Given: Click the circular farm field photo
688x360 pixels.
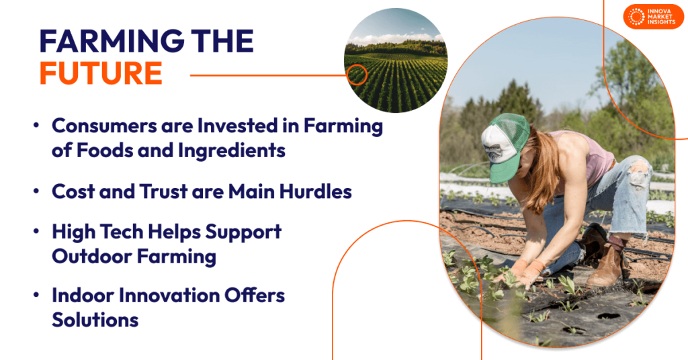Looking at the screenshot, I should point(396,60).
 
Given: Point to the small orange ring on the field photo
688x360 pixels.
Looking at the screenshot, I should point(357,75).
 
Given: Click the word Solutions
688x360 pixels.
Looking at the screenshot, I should point(95,320).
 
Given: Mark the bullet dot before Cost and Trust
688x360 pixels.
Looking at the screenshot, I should point(36,192).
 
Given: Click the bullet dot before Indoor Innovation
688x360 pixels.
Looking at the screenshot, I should point(36,296).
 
